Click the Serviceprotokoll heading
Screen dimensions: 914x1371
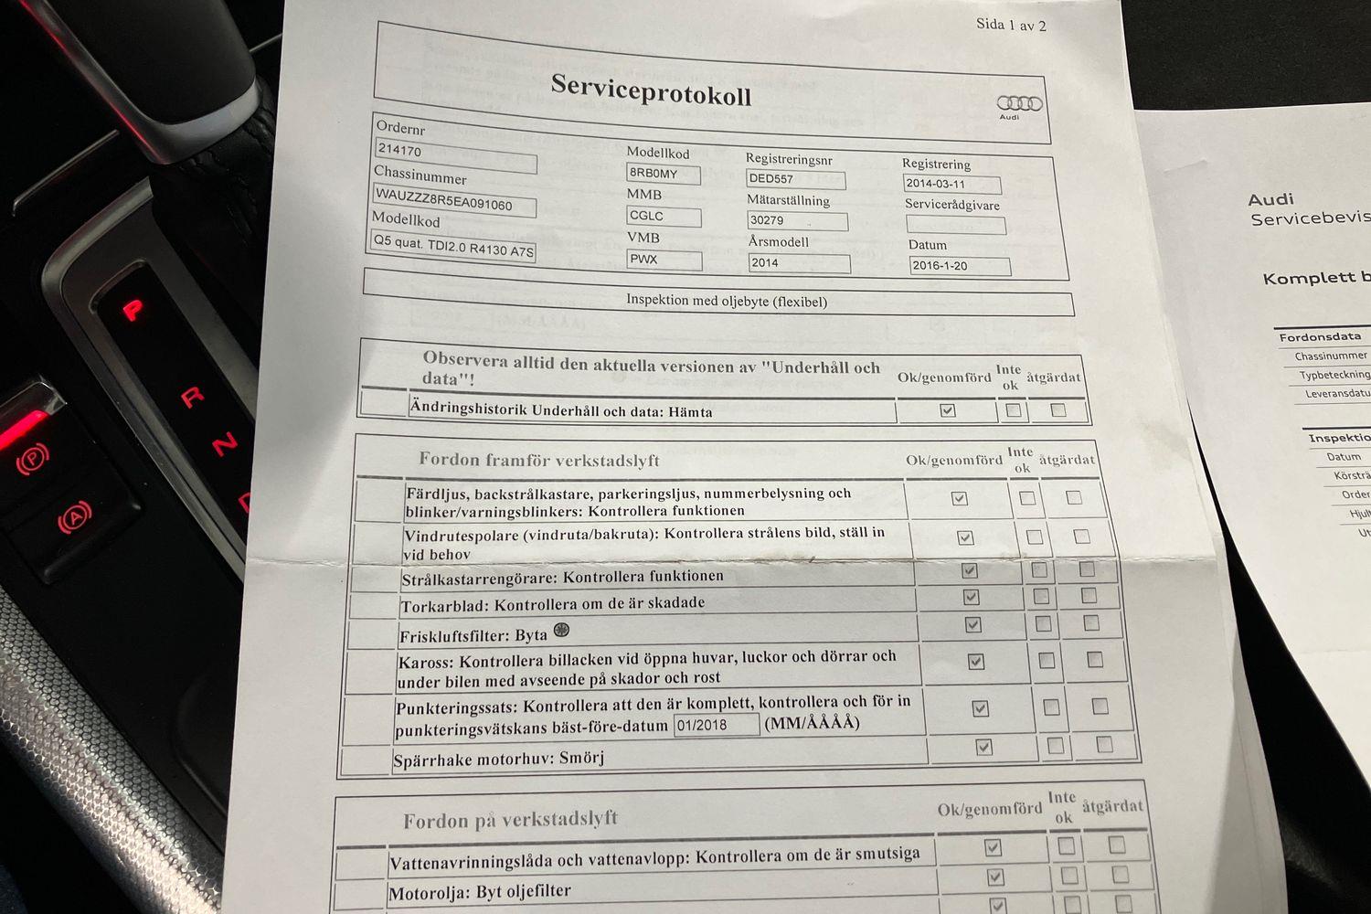click(x=651, y=91)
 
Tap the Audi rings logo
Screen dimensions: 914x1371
click(x=1018, y=104)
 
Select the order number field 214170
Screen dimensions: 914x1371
click(x=455, y=154)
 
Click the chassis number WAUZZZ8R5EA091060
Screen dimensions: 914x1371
click(x=454, y=200)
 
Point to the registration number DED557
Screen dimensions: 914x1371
click(x=794, y=179)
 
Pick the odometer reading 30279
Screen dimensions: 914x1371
click(x=796, y=220)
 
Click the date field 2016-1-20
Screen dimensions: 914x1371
click(x=959, y=266)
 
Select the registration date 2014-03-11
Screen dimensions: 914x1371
click(x=951, y=184)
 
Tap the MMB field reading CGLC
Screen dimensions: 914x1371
click(x=664, y=217)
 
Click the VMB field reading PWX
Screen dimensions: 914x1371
click(x=664, y=260)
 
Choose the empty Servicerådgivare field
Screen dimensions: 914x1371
click(x=955, y=225)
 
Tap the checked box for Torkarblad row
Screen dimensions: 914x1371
click(x=971, y=597)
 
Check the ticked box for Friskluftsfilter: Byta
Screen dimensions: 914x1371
click(x=972, y=625)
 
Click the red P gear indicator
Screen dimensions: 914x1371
click(x=133, y=310)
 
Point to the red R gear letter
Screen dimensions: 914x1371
click(x=192, y=397)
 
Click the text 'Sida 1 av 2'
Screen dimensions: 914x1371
click(x=1011, y=25)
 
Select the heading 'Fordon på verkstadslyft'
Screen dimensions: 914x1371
click(x=510, y=820)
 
